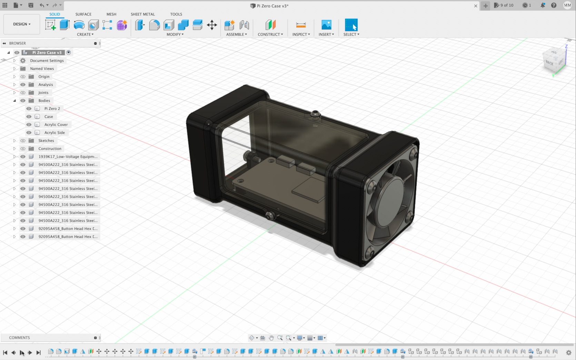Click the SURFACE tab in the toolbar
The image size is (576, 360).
[83, 14]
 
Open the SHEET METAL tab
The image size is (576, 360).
[142, 14]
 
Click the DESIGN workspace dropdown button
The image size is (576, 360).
[22, 24]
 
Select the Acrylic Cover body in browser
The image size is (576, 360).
[56, 124]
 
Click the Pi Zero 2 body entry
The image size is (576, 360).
[52, 109]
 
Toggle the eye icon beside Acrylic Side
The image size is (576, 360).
[29, 133]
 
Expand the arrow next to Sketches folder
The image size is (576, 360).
[14, 141]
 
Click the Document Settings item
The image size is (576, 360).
[47, 61]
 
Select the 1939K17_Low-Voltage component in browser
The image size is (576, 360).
[68, 157]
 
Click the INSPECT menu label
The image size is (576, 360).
[301, 34]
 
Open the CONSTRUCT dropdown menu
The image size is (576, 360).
[270, 34]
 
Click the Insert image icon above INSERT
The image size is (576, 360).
[326, 25]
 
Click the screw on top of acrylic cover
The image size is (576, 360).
[315, 113]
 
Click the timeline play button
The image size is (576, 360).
[22, 352]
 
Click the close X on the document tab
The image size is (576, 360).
[476, 6]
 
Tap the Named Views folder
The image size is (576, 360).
[42, 69]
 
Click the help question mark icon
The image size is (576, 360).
[554, 6]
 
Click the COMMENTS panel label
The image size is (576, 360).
[19, 338]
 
